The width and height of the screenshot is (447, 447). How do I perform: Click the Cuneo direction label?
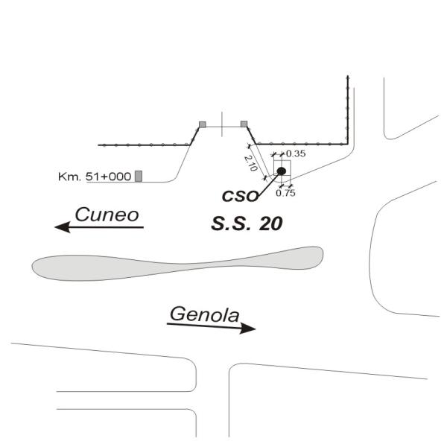click(x=107, y=215)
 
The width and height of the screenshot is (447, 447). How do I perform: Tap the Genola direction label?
click(x=204, y=314)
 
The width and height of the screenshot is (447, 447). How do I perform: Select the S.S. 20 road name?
click(x=247, y=223)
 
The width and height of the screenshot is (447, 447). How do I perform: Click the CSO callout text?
click(x=240, y=196)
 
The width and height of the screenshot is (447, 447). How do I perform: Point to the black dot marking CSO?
click(x=282, y=171)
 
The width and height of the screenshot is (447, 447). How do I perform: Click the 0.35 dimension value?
click(x=296, y=154)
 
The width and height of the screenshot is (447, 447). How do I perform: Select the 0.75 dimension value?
click(x=285, y=193)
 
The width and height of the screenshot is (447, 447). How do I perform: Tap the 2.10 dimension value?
click(x=250, y=163)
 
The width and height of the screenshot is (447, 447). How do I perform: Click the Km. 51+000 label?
click(x=95, y=177)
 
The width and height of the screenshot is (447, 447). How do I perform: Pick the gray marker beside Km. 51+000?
click(x=139, y=176)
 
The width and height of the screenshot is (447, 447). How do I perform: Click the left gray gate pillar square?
click(x=203, y=124)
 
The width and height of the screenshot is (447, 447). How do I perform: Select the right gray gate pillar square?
click(x=244, y=124)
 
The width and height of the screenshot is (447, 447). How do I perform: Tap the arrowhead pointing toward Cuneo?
click(x=63, y=227)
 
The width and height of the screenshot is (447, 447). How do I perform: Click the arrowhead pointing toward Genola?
click(x=248, y=328)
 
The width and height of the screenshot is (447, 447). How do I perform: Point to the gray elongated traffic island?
click(x=177, y=264)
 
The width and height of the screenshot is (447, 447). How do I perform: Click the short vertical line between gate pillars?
click(x=222, y=124)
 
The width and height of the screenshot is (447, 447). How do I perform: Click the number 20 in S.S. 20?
click(x=271, y=223)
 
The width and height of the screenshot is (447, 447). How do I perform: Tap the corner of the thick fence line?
click(x=347, y=145)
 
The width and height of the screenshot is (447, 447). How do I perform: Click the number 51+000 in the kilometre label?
click(x=108, y=177)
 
